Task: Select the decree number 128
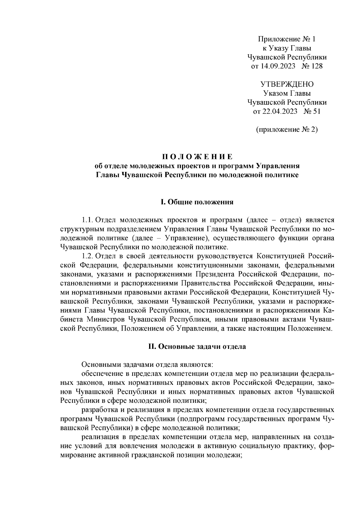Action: pyautogui.click(x=317, y=66)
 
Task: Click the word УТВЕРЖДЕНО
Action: pyautogui.click(x=287, y=84)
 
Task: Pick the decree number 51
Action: pyautogui.click(x=316, y=112)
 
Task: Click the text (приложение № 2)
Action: pyautogui.click(x=286, y=130)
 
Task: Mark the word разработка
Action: pyautogui.click(x=99, y=410)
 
